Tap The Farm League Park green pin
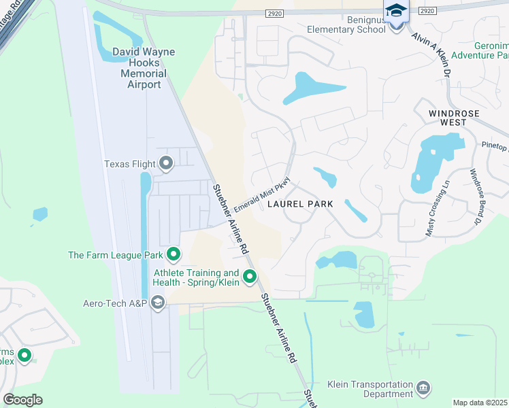[174, 255]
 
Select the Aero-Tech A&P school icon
[158, 303]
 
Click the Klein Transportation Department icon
[423, 388]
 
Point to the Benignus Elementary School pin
[395, 12]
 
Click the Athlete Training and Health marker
[250, 276]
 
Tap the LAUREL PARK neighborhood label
[299, 203]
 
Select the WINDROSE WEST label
[454, 118]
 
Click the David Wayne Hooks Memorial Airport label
[144, 68]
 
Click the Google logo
[22, 400]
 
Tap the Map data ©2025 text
[480, 403]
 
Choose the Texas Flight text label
[129, 163]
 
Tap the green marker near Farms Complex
[24, 355]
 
